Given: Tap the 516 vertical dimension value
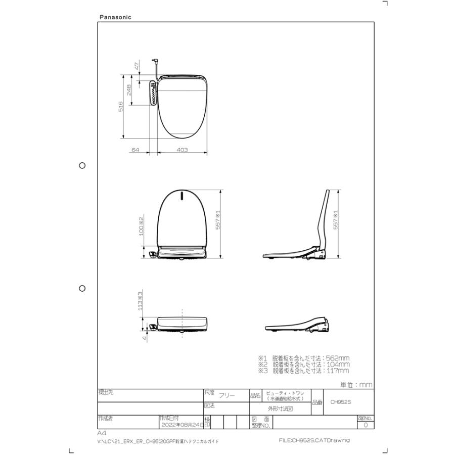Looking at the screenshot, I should pyautogui.click(x=121, y=107).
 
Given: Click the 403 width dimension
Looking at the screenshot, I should pyautogui.click(x=182, y=150).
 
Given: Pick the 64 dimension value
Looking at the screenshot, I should pyautogui.click(x=135, y=150).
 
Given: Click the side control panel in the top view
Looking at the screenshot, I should pyautogui.click(x=153, y=93).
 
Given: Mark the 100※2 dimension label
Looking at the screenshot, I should pyautogui.click(x=142, y=226).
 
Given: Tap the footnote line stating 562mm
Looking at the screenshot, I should pyautogui.click(x=303, y=358).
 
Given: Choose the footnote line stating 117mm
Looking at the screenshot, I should pyautogui.click(x=303, y=371).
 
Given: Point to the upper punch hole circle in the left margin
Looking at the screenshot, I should pyautogui.click(x=82, y=165).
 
